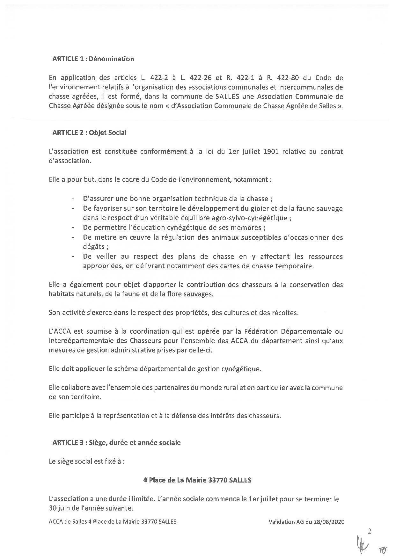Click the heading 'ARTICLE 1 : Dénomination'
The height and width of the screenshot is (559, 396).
tap(93, 59)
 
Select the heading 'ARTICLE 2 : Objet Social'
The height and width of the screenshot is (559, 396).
tap(89, 133)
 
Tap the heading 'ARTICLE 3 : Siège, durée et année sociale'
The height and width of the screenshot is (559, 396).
tap(116, 443)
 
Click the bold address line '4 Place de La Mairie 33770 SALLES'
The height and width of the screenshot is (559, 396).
tap(197, 480)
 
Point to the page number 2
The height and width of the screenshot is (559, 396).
tap(370, 531)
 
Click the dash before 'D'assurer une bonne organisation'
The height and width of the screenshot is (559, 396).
tap(73, 199)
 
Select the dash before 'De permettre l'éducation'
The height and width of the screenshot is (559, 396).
tap(73, 228)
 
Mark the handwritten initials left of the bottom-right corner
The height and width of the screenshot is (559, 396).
tap(361, 545)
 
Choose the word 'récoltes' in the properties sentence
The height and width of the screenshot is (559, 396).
tap(282, 313)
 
